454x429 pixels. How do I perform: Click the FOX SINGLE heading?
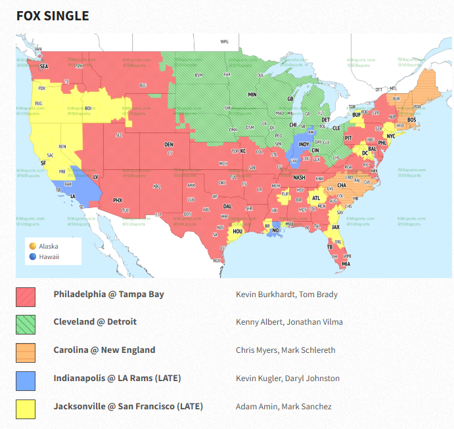[x=53, y=16]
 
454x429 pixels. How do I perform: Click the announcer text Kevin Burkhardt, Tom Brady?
[x=286, y=295]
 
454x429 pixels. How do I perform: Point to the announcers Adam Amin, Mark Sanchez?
[x=284, y=407]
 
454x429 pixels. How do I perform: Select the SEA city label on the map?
[x=44, y=66]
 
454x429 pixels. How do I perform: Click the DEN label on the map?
[x=169, y=144]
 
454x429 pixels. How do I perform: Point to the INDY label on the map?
[x=304, y=144]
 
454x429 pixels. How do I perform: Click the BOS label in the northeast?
[x=411, y=119]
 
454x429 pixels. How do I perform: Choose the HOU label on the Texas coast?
[x=238, y=231]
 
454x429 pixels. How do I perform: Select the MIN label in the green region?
[x=252, y=95]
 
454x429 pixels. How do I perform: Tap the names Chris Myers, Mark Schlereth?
[x=286, y=350]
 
